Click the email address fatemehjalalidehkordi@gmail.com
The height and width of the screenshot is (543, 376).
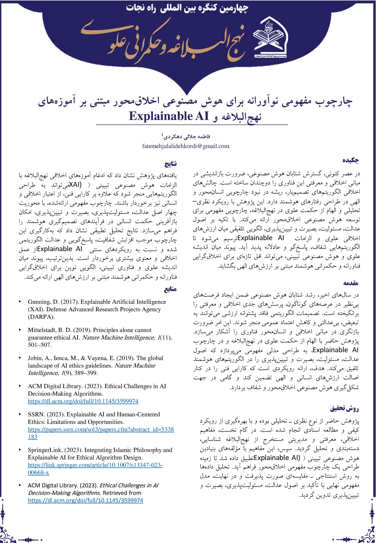[x=186, y=146]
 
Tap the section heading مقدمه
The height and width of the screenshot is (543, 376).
[x=351, y=283]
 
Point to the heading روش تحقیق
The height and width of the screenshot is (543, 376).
[x=344, y=409]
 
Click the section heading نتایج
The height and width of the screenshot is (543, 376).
[x=170, y=164]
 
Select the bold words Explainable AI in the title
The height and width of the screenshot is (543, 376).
[x=169, y=116]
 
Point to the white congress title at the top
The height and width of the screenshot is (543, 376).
[x=187, y=8]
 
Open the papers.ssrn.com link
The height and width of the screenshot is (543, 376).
[x=101, y=429]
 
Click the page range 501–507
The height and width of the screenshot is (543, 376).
[x=40, y=345]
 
